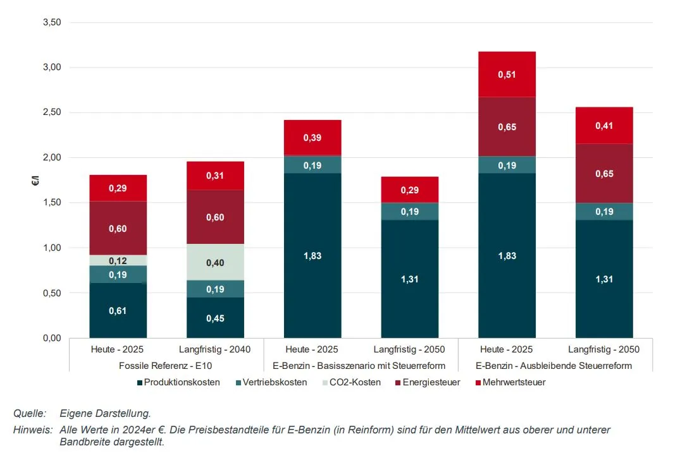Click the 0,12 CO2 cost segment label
coord(118,261)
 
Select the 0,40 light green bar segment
coord(215,262)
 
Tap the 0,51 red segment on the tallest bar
coord(507,75)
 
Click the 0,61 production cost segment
coord(118,310)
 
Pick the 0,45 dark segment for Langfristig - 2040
coord(215,318)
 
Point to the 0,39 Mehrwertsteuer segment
coord(312,138)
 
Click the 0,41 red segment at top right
coord(603,126)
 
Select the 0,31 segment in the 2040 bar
coord(215,176)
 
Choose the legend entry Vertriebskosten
coord(272,382)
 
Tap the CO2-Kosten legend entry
coord(350,382)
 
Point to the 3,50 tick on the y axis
coord(51,22)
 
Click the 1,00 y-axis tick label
coord(51,248)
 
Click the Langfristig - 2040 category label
coord(215,349)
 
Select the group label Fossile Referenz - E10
coord(166,366)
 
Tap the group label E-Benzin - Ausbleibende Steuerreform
coord(555,366)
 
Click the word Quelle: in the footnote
coord(30,414)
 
